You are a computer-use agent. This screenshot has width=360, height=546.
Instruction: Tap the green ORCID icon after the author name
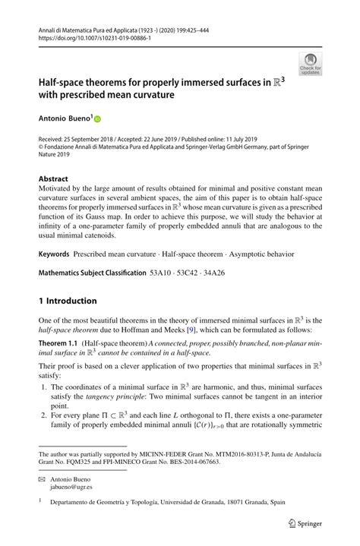(97, 118)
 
